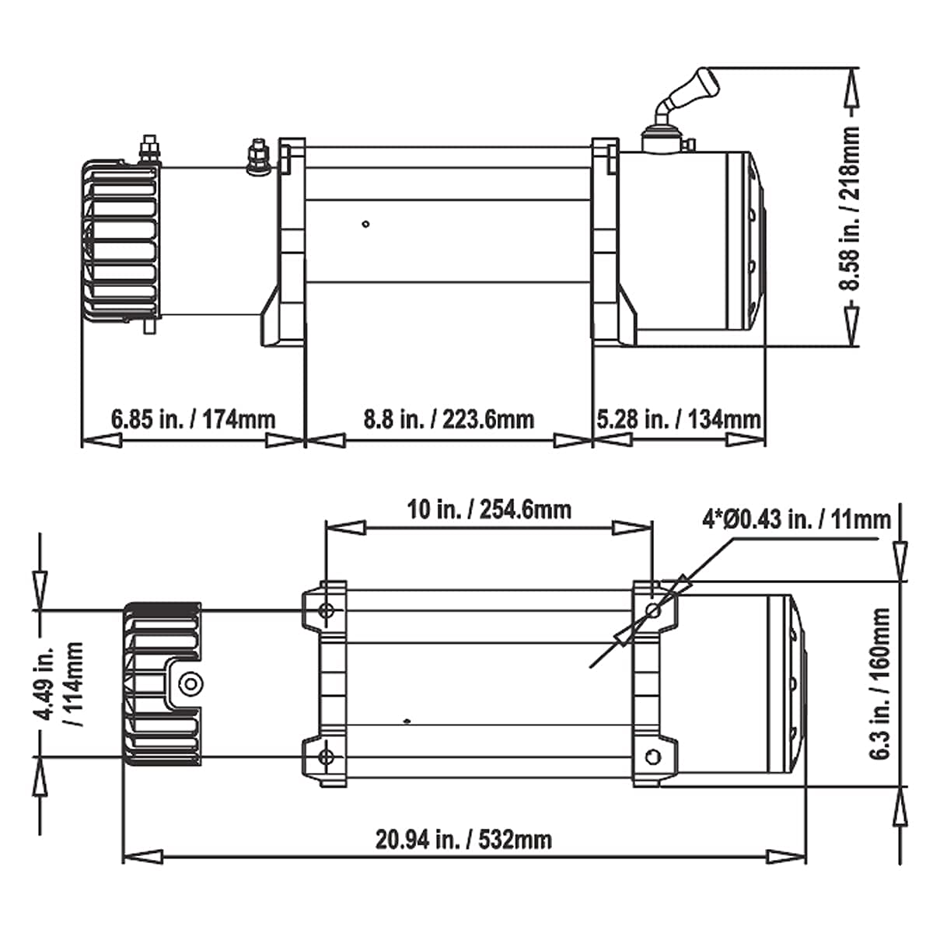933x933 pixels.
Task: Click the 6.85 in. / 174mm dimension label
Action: coord(193,419)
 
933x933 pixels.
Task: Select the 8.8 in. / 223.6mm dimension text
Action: coord(449,419)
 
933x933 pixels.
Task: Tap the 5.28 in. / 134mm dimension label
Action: coord(679,419)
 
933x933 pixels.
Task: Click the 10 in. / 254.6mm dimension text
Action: coord(489,509)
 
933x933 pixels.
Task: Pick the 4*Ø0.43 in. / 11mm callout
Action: coord(796,519)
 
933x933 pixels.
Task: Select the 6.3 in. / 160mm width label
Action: coord(881,683)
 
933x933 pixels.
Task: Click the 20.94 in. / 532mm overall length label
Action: coord(464,839)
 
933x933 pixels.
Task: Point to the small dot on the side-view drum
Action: coord(365,225)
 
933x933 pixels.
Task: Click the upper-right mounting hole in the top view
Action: coord(653,610)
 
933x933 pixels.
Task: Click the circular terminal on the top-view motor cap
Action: coord(189,683)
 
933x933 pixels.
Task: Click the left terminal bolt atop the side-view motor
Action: coord(149,150)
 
